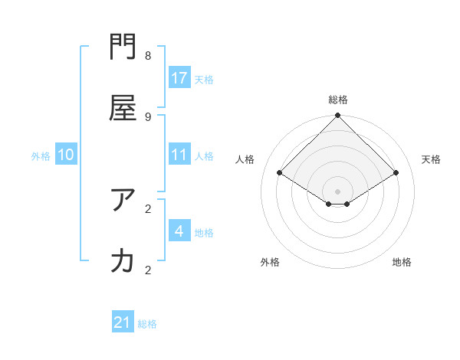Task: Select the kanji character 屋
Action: (123, 110)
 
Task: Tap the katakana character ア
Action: (123, 201)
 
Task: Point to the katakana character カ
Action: (123, 261)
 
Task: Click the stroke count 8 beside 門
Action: (148, 56)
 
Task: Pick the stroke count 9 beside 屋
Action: (148, 116)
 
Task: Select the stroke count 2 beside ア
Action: (148, 208)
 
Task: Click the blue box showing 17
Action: (179, 78)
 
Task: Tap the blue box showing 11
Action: (179, 155)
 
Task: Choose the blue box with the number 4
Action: (179, 231)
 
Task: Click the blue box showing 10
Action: (66, 155)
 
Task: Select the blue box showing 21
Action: (123, 322)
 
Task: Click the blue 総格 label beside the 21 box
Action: (147, 324)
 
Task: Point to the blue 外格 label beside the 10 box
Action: (41, 156)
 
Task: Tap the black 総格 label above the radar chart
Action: (338, 100)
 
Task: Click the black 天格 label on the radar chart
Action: (431, 159)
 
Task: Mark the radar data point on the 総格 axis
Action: (338, 116)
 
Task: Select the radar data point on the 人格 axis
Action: (280, 173)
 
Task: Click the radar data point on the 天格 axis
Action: (396, 173)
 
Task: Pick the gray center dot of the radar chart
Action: (338, 191)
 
